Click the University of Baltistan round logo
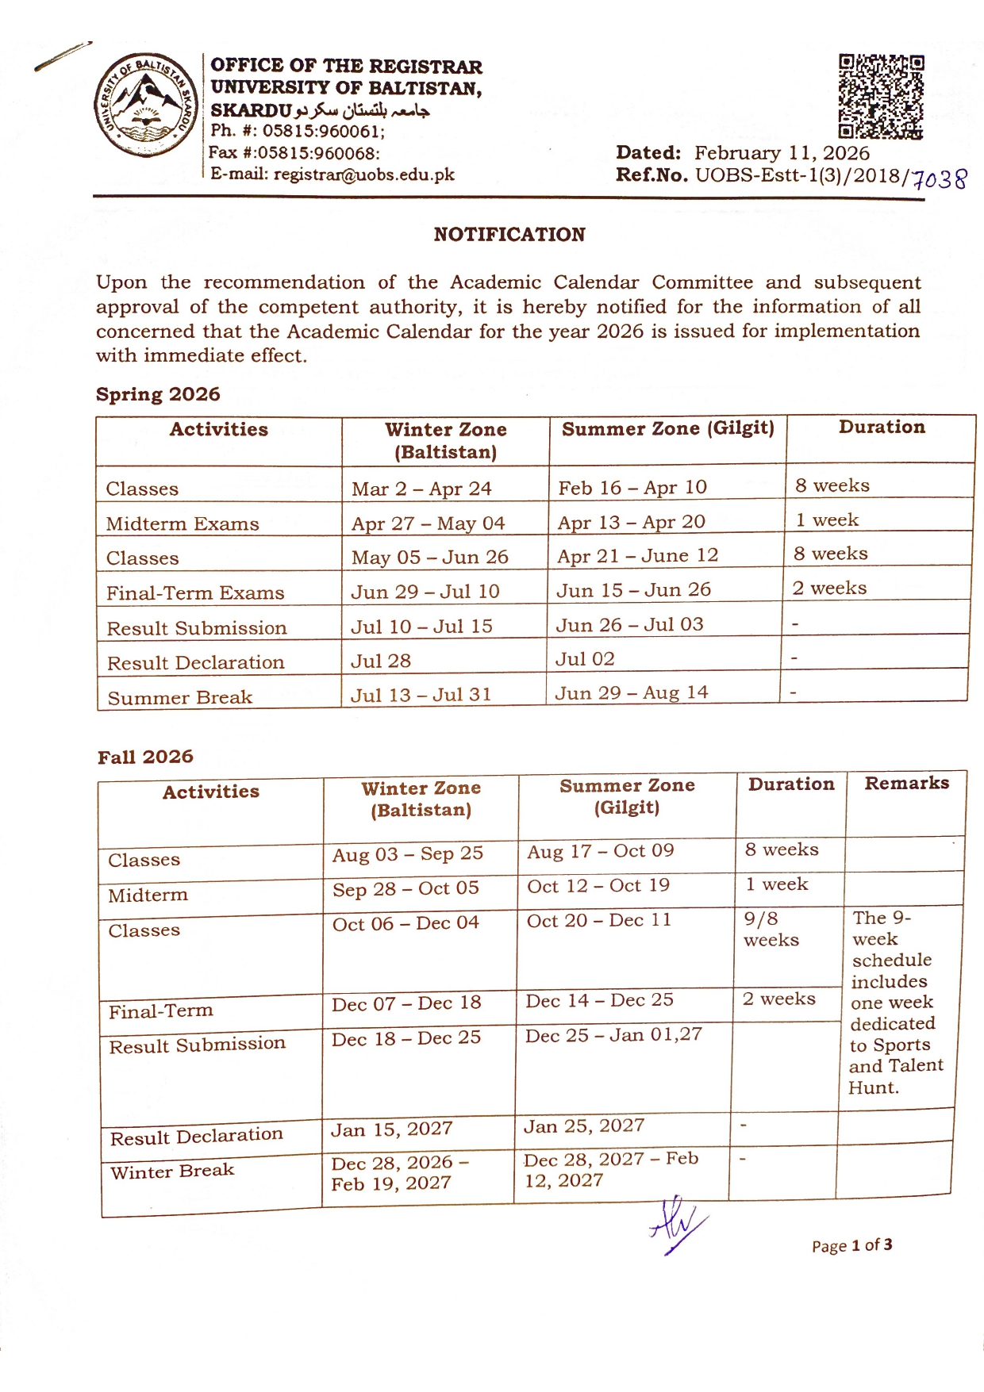tap(146, 105)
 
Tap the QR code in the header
tap(881, 96)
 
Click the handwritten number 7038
tap(940, 179)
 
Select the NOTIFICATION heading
tap(509, 235)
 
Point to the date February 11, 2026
tap(782, 153)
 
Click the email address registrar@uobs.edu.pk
tap(363, 174)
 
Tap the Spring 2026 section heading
tap(158, 394)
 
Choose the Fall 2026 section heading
tap(145, 757)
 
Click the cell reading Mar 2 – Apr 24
tap(421, 489)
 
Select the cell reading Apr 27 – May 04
tap(428, 523)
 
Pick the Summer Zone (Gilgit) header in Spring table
tap(667, 429)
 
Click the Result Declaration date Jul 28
tap(381, 661)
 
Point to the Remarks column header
tap(906, 784)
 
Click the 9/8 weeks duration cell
tap(771, 930)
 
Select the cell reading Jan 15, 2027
tap(391, 1129)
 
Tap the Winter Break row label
tap(172, 1172)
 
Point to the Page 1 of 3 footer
tap(851, 1245)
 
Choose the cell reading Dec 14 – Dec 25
tap(599, 1000)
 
